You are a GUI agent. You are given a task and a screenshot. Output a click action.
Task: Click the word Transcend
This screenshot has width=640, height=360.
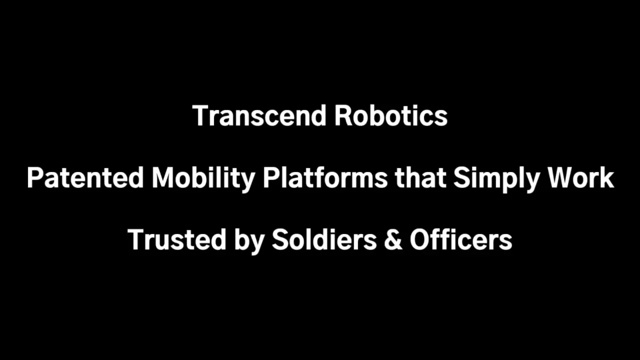[259, 116]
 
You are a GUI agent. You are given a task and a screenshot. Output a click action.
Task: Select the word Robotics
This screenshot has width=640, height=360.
[390, 116]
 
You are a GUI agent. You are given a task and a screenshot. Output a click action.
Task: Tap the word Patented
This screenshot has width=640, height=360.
[85, 178]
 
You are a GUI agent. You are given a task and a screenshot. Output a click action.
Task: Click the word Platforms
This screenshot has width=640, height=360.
[325, 178]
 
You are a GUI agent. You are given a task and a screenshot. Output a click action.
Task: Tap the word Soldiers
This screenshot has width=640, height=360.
[324, 240]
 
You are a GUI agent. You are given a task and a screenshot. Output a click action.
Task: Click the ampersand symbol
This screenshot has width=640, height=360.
[393, 240]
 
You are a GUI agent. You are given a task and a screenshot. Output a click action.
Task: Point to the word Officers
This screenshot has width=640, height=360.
[460, 240]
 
